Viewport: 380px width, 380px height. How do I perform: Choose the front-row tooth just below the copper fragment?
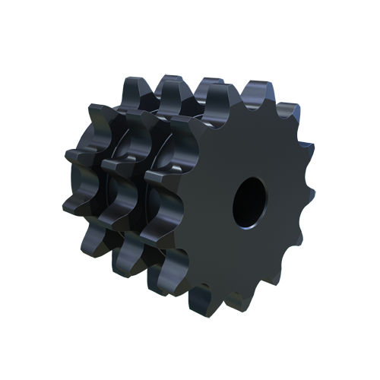[x=309, y=182]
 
